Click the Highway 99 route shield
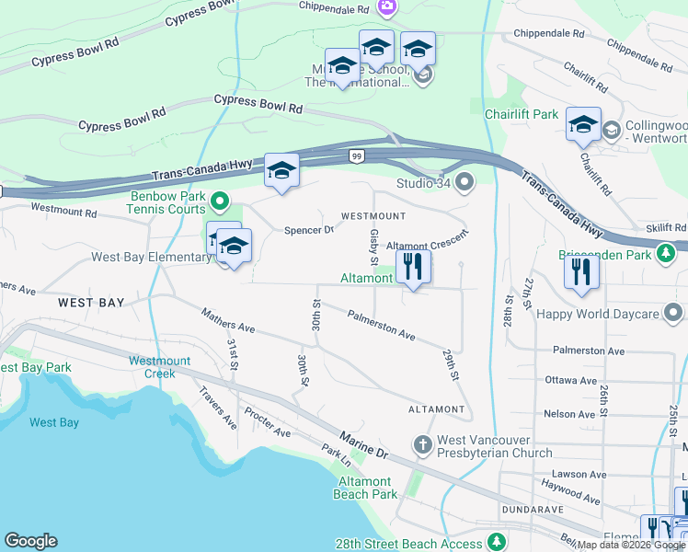(355, 157)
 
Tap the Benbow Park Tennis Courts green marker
(219, 199)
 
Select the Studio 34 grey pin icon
(464, 181)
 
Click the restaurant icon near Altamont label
(413, 268)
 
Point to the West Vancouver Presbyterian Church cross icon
(422, 445)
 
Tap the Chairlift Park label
(522, 114)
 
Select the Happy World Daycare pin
(673, 314)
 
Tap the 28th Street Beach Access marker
(497, 541)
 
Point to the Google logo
(30, 541)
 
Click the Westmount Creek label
(165, 367)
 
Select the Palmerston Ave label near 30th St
(381, 326)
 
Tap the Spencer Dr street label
(308, 230)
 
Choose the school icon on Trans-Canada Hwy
(281, 170)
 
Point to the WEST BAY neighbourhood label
(91, 303)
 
